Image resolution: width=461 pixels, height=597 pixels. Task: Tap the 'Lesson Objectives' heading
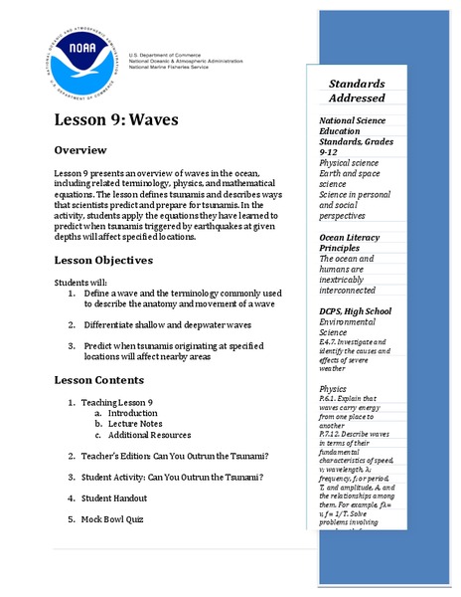tap(103, 260)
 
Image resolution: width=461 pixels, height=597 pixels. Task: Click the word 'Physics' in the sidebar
tap(333, 388)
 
